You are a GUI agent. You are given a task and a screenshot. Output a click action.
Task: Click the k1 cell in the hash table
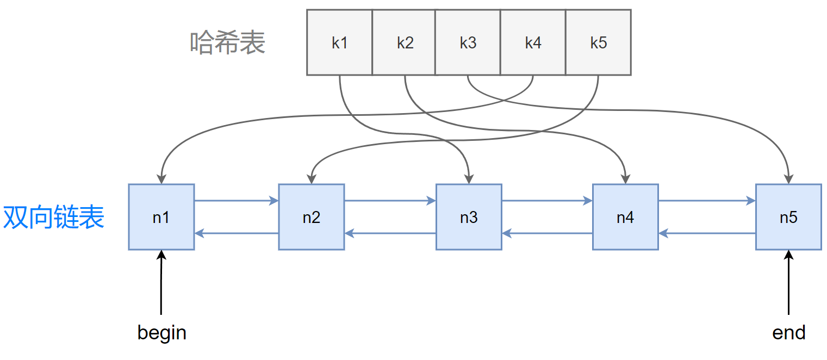tap(339, 42)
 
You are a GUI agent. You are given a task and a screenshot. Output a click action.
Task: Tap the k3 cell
tap(468, 42)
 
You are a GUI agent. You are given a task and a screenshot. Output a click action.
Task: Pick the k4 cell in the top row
tap(533, 42)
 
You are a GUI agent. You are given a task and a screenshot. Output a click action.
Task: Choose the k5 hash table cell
tap(599, 42)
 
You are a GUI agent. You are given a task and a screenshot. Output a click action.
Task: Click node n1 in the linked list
tap(161, 217)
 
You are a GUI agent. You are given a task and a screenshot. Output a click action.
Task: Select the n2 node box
tap(312, 217)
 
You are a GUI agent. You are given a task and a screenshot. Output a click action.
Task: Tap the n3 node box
tap(469, 217)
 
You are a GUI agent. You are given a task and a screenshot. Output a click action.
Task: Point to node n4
tap(625, 217)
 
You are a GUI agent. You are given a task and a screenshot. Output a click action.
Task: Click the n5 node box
tap(788, 217)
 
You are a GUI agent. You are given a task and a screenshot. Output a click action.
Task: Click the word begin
tap(161, 333)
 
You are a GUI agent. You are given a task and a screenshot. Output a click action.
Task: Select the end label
tap(788, 333)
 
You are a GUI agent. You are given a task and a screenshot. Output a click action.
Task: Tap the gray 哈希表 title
tap(227, 43)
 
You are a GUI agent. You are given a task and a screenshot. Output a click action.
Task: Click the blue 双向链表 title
tap(54, 217)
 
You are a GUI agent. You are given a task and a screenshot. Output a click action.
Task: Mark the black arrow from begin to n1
tap(161, 282)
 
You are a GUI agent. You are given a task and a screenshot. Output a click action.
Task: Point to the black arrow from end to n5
tap(788, 282)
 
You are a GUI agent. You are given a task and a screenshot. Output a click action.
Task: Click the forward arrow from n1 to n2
tap(237, 201)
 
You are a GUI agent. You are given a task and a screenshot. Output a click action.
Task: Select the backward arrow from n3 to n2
tap(390, 233)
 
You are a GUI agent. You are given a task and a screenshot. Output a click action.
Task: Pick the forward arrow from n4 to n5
tap(707, 201)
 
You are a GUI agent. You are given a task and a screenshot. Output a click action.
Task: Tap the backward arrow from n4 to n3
tap(547, 233)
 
